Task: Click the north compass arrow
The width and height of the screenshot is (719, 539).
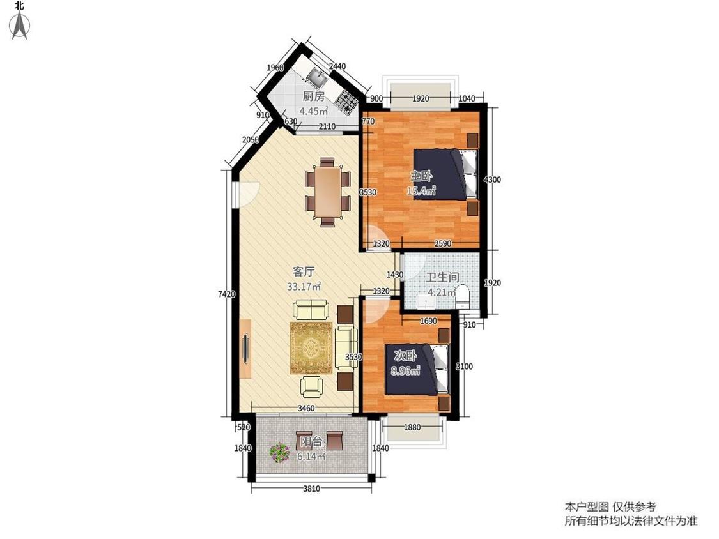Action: pyautogui.click(x=20, y=25)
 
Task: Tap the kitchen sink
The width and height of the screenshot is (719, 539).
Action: pyautogui.click(x=316, y=76)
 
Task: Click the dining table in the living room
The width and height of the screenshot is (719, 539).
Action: pyautogui.click(x=327, y=192)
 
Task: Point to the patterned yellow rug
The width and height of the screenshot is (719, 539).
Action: pyautogui.click(x=311, y=348)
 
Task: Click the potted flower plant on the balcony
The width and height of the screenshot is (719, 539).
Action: pyautogui.click(x=279, y=452)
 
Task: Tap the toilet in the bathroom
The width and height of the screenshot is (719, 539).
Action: pyautogui.click(x=463, y=297)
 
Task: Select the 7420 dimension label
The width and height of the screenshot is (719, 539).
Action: pyautogui.click(x=226, y=294)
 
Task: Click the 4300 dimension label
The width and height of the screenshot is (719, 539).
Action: pyautogui.click(x=492, y=179)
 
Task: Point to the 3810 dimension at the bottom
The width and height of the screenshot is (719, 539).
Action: pyautogui.click(x=311, y=489)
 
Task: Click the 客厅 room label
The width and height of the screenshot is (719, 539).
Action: pyautogui.click(x=304, y=271)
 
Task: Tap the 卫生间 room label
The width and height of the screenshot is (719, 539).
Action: pyautogui.click(x=442, y=277)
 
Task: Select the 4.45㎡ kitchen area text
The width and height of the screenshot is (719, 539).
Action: pyautogui.click(x=314, y=111)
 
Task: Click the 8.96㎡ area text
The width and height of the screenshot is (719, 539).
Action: pyautogui.click(x=405, y=371)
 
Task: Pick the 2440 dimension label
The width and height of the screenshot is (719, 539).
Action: pyautogui.click(x=337, y=66)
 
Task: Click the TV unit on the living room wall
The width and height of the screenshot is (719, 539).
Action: pyautogui.click(x=245, y=348)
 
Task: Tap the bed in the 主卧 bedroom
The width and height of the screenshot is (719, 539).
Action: pyautogui.click(x=445, y=174)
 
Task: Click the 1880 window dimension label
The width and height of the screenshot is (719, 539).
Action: pyautogui.click(x=412, y=427)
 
